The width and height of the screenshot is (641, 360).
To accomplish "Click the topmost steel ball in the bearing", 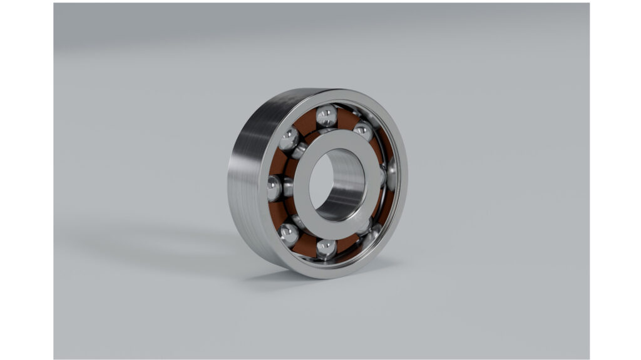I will [x=326, y=116].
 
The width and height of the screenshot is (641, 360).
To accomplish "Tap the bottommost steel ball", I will [x=326, y=249].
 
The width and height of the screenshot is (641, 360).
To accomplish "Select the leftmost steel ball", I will [x=275, y=188].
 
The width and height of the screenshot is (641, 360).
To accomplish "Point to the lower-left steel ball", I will [x=289, y=234].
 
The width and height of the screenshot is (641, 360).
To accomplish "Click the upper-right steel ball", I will [x=363, y=131].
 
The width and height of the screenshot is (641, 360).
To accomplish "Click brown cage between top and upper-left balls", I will [x=306, y=125].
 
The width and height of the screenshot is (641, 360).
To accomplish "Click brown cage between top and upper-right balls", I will [x=346, y=119].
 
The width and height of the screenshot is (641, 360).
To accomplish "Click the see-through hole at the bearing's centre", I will [x=320, y=182].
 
